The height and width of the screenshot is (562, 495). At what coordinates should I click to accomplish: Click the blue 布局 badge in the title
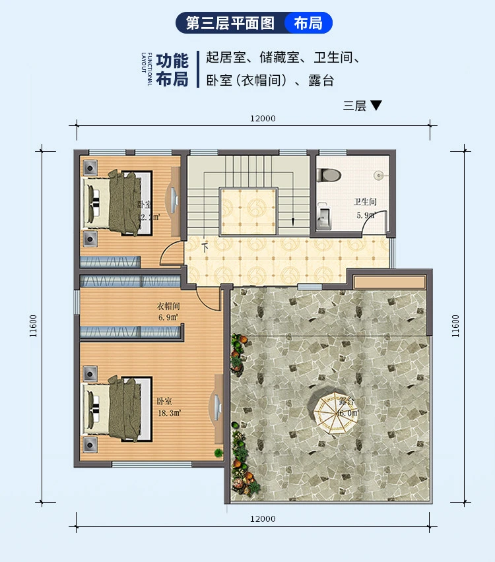pyautogui.click(x=308, y=23)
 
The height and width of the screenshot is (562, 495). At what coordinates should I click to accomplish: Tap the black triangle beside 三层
pyautogui.click(x=376, y=105)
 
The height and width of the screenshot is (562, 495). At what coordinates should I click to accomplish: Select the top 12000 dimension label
pyautogui.click(x=263, y=119)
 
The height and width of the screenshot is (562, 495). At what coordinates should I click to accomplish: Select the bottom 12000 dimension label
pyautogui.click(x=263, y=519)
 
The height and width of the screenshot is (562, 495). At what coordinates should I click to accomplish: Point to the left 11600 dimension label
pyautogui.click(x=32, y=325)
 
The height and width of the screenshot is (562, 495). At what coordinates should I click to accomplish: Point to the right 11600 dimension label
pyautogui.click(x=455, y=325)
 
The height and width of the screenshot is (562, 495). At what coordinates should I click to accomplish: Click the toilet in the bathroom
pyautogui.click(x=328, y=175)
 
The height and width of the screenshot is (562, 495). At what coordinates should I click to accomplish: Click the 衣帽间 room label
pyautogui.click(x=168, y=307)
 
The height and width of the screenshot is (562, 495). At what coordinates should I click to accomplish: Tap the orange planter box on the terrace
pyautogui.click(x=389, y=282)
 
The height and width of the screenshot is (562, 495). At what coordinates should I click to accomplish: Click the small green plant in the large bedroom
pyautogui.click(x=218, y=453)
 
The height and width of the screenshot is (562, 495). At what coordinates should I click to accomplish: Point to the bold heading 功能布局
pyautogui.click(x=172, y=70)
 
